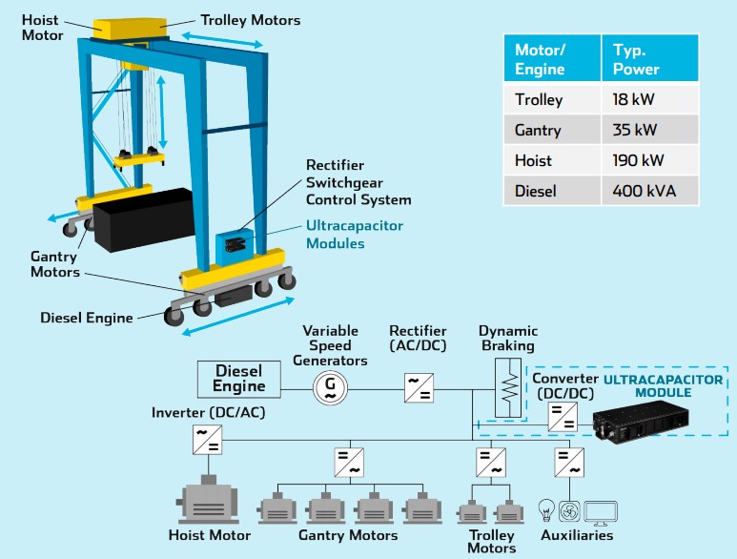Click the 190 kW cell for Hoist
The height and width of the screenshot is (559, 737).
point(638,160)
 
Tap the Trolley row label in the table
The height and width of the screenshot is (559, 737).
point(539,99)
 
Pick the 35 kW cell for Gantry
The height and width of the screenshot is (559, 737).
point(634,130)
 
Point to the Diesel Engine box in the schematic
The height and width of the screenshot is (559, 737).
point(238,378)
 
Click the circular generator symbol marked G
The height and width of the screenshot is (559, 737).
point(330,385)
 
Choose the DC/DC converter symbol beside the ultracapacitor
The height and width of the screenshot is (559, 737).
point(561,416)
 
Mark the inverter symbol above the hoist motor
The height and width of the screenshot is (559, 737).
point(208,439)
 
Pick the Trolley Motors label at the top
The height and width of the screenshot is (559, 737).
point(250,19)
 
